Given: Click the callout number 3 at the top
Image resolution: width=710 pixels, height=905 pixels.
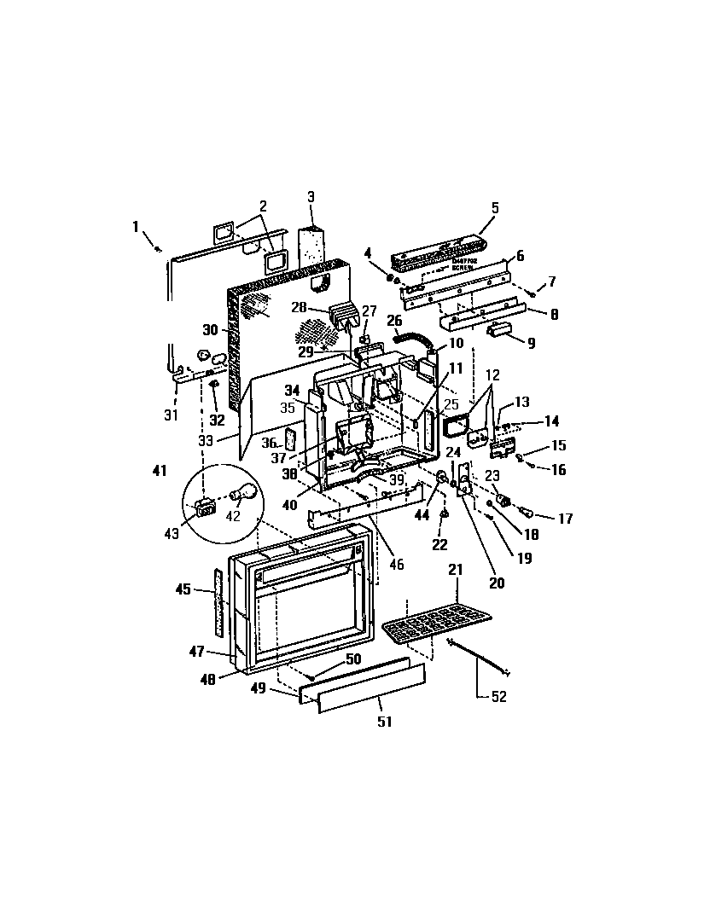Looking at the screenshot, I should coord(311,196).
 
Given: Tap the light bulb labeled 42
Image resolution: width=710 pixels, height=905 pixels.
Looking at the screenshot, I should coord(246,493).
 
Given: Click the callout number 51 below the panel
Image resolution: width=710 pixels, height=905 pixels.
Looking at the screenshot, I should coord(385,722).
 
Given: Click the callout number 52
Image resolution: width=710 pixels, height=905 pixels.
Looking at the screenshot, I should coord(499,697).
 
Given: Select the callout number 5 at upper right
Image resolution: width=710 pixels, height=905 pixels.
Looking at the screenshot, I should coord(495,207).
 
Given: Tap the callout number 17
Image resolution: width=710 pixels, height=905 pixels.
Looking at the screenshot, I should coord(564,518).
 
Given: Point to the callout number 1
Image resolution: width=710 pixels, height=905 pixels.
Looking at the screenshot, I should coord(135,226).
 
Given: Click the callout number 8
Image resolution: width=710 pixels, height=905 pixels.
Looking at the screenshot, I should coord(554,314).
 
